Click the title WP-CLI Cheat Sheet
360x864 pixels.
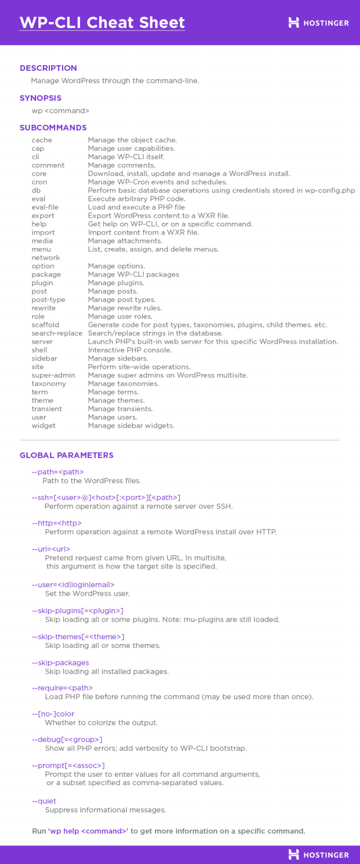102,22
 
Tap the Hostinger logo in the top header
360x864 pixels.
318,22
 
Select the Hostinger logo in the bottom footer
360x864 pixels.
318,854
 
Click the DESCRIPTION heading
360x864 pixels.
48,68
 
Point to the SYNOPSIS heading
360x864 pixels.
40,98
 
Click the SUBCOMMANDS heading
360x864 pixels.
53,128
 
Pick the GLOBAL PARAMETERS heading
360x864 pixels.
66,455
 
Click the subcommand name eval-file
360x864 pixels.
45,207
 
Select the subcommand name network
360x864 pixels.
46,258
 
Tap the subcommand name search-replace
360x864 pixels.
57,333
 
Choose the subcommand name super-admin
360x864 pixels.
53,375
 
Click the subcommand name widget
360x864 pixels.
43,426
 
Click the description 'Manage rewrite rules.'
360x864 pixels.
125,308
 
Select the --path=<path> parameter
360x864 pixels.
57,472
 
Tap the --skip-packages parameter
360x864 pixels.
60,663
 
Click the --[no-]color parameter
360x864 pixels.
53,714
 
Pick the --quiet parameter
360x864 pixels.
44,801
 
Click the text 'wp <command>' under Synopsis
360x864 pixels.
60,110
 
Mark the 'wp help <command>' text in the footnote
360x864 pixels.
88,831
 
